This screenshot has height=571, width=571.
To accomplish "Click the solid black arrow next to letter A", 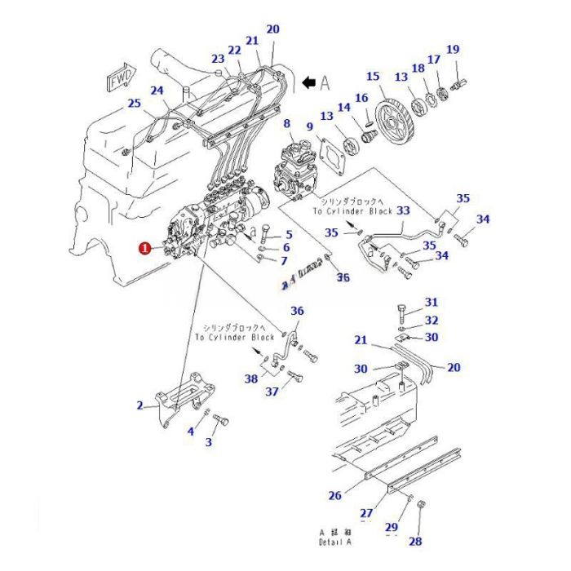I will click(x=309, y=82).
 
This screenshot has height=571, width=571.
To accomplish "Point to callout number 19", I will click(x=453, y=49).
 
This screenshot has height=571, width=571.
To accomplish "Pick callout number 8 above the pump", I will click(x=286, y=124).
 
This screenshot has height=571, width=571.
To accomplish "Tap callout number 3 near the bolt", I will click(x=208, y=442).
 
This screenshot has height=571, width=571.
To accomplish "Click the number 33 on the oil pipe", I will click(x=403, y=211).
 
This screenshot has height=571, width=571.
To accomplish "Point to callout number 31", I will click(x=432, y=303).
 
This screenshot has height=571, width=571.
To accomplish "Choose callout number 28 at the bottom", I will click(x=415, y=541).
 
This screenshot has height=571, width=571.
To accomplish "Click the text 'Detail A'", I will click(x=334, y=542).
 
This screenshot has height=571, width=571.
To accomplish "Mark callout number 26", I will click(x=334, y=494).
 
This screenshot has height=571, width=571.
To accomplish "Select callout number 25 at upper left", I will click(x=134, y=104).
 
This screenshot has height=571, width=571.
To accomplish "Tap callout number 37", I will click(x=272, y=392).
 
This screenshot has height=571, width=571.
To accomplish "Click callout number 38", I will click(x=251, y=378).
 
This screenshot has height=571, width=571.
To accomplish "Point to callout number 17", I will click(x=434, y=60).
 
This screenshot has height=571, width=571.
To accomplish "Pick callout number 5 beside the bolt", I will click(x=286, y=234).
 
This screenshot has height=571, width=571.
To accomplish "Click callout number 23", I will click(x=217, y=59).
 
